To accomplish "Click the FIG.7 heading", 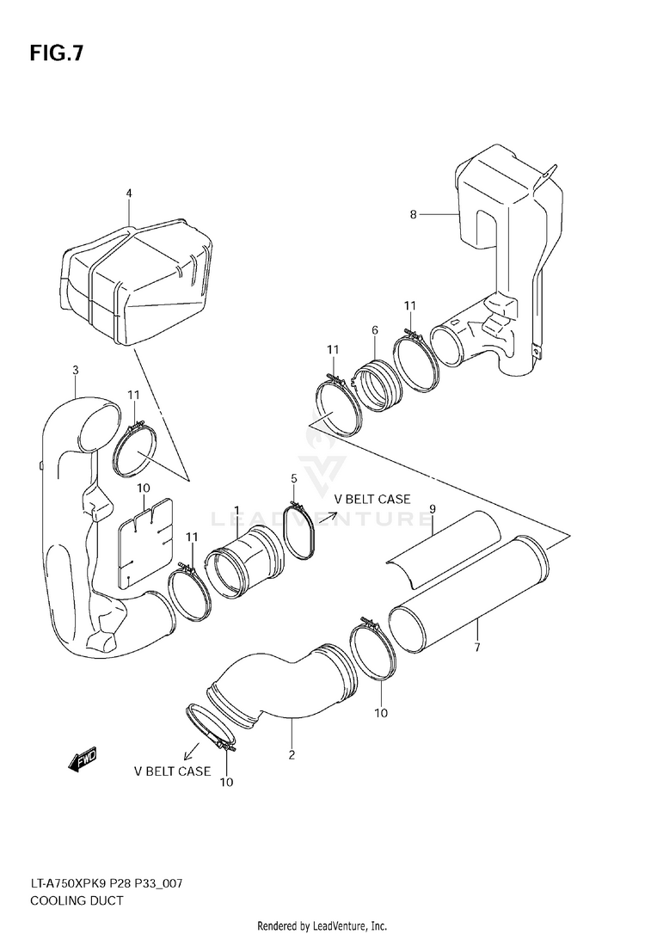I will point(57,53).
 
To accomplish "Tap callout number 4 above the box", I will point(129,194).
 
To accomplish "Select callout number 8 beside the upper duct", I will point(413,214).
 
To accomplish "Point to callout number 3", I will point(76,371).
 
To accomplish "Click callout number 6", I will point(375,330).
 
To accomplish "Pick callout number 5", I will point(293,478).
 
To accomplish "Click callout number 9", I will point(433,509).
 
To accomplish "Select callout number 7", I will point(476,648).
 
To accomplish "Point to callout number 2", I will point(292,755).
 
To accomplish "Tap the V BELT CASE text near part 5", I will point(372,499).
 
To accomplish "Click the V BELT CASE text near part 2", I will point(172,771).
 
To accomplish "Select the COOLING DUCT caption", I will point(77,900).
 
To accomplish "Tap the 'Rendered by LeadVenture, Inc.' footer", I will point(322,925).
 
